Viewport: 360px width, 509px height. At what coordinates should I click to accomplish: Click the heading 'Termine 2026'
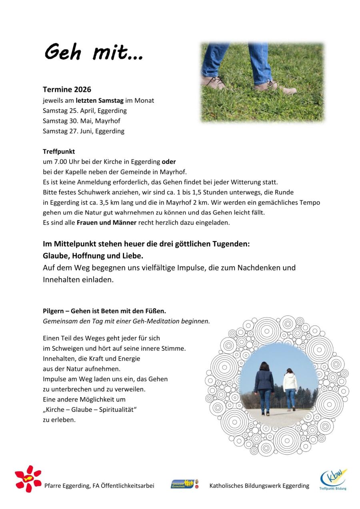[67, 90]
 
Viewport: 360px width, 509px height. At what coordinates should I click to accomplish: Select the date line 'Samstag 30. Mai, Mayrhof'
[81, 121]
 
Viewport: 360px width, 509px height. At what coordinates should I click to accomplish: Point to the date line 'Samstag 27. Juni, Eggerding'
[83, 131]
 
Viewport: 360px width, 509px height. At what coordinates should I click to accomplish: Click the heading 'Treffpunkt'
[59, 152]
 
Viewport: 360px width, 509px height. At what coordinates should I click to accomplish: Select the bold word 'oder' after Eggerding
[168, 162]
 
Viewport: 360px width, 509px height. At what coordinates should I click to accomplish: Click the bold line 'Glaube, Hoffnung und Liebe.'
[93, 255]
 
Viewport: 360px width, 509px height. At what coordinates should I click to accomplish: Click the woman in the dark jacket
[264, 384]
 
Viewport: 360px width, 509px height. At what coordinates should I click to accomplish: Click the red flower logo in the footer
[28, 479]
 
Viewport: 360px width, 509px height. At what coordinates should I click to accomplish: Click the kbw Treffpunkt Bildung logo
[333, 479]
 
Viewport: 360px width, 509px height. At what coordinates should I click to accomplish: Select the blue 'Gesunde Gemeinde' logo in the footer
[182, 484]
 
